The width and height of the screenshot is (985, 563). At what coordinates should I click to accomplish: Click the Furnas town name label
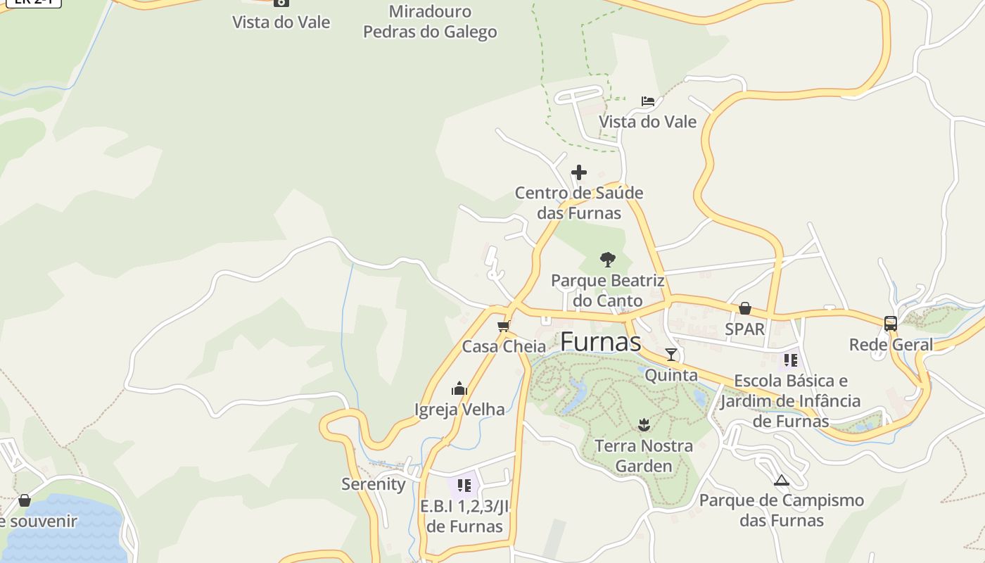coord(600,342)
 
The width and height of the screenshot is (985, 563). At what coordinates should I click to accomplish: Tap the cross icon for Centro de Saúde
coord(579,172)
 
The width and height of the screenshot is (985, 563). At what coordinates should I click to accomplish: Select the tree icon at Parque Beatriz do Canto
coord(608,260)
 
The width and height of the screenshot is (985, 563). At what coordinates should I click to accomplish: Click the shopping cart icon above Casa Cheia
coord(503,326)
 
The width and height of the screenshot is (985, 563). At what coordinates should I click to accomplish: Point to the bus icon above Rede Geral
coord(891,324)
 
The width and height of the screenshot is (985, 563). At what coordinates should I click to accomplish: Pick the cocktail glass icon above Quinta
coord(671,354)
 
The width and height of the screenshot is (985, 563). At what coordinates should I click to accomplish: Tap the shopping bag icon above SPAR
coord(744,308)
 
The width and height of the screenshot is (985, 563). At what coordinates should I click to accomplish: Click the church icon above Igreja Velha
coord(459,388)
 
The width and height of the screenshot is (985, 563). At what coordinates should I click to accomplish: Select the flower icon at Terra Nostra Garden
coord(644,424)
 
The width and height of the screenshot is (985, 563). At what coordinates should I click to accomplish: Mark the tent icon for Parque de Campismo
coord(781,481)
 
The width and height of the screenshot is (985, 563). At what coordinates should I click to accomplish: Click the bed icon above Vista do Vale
coord(648,101)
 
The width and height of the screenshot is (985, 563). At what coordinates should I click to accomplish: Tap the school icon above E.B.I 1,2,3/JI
coord(464,485)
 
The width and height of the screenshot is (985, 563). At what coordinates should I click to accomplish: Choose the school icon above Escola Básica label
coord(791,360)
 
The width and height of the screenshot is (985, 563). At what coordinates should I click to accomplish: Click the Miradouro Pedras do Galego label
coord(430,22)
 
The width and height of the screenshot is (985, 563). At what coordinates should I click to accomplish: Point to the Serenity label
coord(374,484)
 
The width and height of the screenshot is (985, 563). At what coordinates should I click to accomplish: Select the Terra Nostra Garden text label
coord(644,456)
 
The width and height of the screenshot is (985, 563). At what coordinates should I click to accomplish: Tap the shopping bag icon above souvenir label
coord(25,500)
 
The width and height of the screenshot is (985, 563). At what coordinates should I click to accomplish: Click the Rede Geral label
coord(891,345)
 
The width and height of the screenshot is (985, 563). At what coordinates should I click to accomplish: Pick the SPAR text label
coord(744,329)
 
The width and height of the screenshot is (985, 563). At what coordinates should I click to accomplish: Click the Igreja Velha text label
coord(459,410)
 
